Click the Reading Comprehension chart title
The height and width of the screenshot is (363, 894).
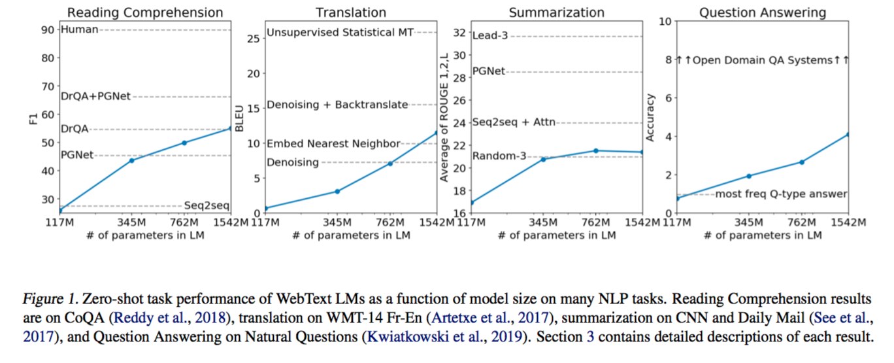coord(145,12)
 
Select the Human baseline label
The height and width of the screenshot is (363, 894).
coord(79,29)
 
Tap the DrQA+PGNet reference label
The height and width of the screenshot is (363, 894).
coord(95,96)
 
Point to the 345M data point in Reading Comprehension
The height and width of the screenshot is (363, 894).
coord(132,160)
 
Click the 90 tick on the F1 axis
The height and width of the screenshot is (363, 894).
coord(47,29)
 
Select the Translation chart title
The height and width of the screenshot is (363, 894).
coord(350,12)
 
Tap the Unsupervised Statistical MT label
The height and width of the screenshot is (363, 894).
coord(340,33)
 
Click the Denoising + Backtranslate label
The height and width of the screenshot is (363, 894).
coord(337,105)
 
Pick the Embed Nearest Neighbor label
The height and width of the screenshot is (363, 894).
coord(333,144)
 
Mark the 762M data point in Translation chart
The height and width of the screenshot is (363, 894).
coord(390,164)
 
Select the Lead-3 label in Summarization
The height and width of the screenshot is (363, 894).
coord(489,36)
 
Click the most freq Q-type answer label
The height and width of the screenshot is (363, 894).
coord(781,194)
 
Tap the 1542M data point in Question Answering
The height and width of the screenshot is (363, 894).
coord(848,134)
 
